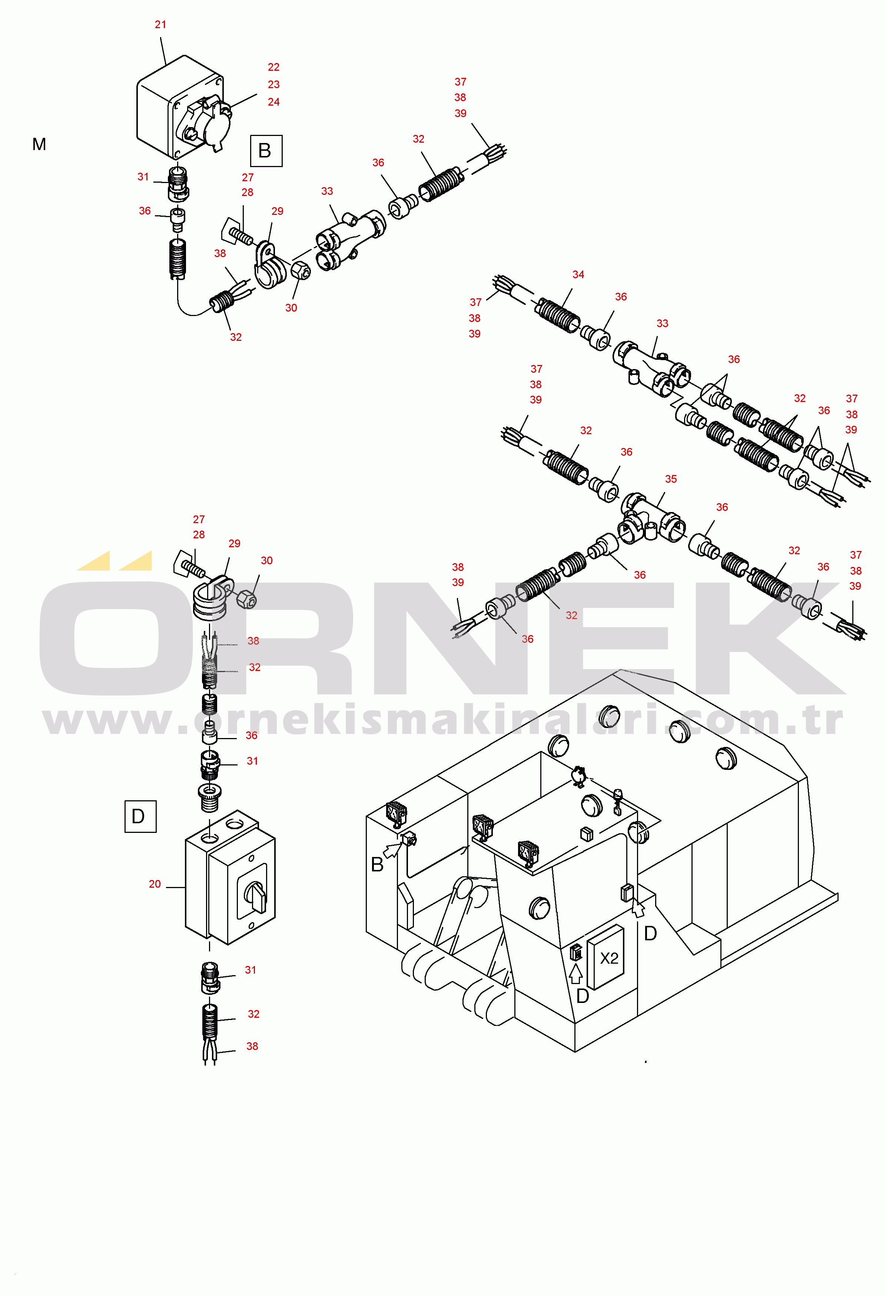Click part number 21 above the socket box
pos(160,24)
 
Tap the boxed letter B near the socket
pos(266,150)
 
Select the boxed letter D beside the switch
pos(140,817)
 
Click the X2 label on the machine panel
pos(609,958)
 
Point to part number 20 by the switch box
pos(155,884)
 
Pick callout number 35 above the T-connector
pos(671,479)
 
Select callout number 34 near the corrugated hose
pos(578,275)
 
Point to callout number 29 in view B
pos(277,211)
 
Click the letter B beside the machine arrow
pos(377,865)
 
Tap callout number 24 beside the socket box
pos(273,102)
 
